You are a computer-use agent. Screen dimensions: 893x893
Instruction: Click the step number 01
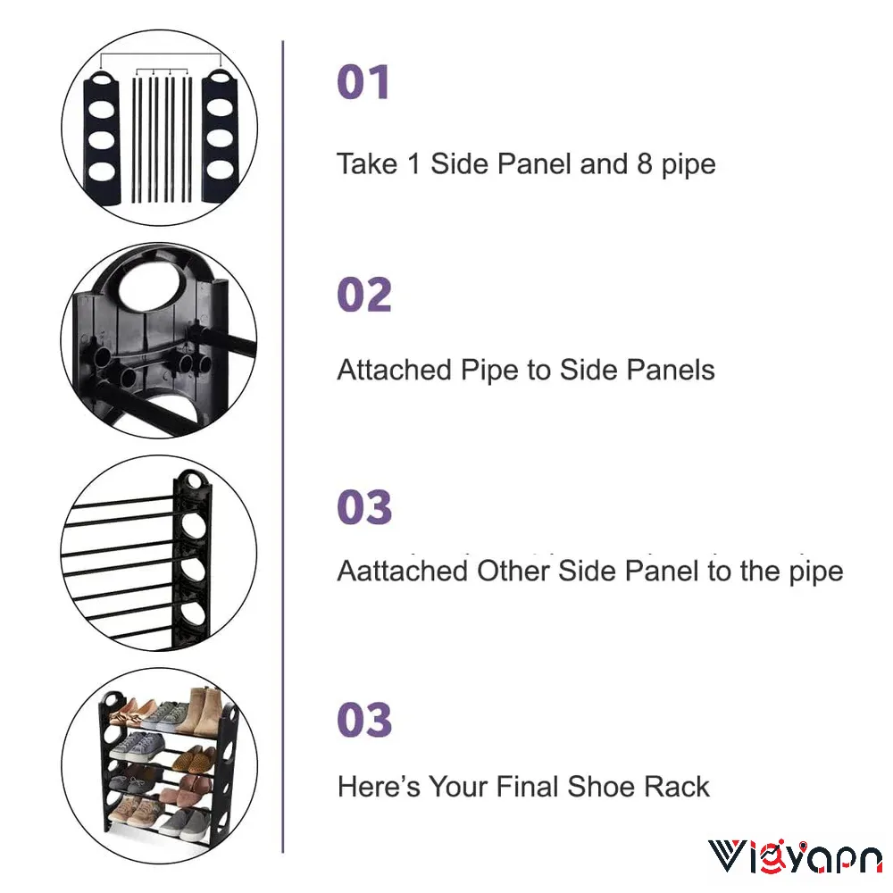pos(363,82)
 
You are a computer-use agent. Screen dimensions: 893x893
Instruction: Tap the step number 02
pos(364,295)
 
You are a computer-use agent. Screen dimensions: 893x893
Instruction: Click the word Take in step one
pos(367,164)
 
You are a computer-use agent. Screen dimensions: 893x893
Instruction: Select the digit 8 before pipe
pos(644,164)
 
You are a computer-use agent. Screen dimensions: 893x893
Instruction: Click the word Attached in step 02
pos(394,370)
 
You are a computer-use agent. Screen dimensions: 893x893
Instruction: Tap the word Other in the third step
pos(513,571)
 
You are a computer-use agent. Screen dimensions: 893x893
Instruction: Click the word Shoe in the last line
pos(600,787)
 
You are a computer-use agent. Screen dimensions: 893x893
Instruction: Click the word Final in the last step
pos(527,787)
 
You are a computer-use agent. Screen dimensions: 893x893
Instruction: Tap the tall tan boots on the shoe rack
pos(199,712)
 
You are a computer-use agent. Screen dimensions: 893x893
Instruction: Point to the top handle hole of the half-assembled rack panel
pos(194,481)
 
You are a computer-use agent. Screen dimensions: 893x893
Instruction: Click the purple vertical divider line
pos(283,446)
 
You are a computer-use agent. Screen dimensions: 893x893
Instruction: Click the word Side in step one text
pos(459,164)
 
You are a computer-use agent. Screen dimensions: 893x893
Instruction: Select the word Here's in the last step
pos(379,787)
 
